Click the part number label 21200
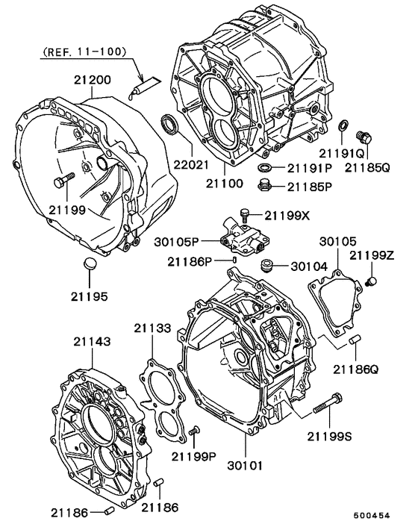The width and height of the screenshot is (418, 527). pos(92,79)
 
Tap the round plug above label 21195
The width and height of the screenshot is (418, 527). pos(89,264)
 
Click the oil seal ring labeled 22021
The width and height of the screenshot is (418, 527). pos(170,125)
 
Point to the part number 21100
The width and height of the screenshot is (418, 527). pos(225,181)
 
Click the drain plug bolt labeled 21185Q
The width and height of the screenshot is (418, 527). pos(366,137)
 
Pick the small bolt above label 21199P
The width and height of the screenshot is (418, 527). pos(195,431)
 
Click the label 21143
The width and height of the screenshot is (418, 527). pos(92,341)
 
